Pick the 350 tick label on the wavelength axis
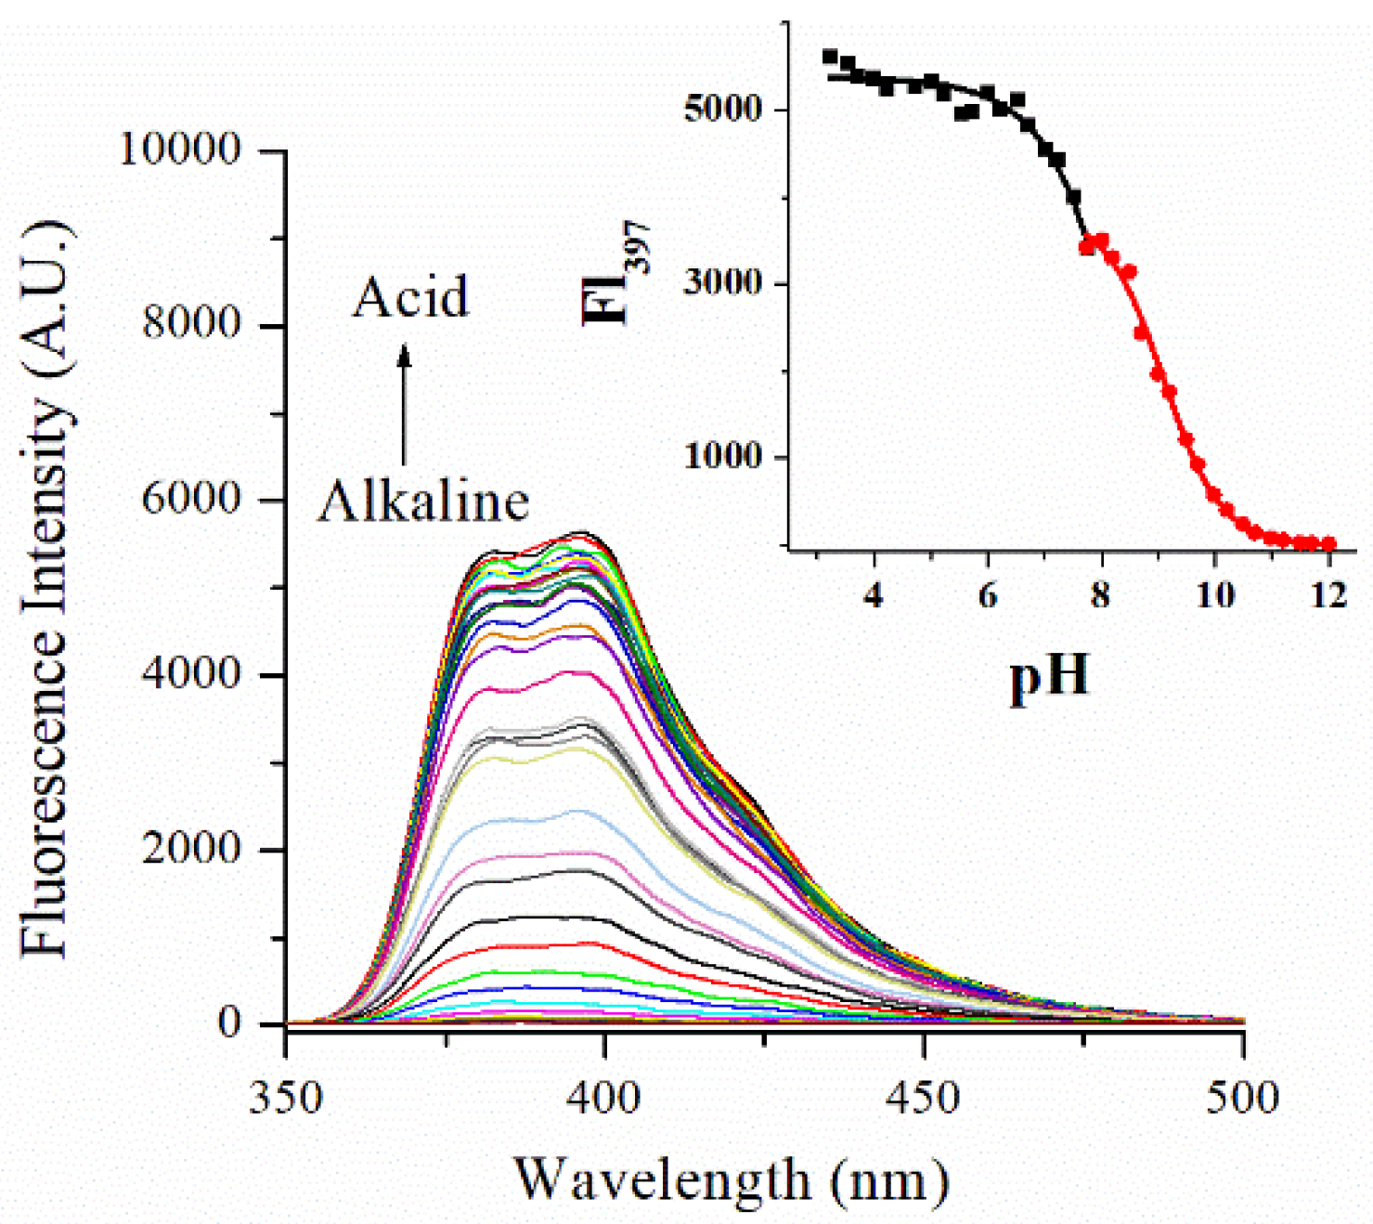pos(286,1098)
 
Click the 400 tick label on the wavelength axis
pos(604,1098)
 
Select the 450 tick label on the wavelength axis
pos(923,1098)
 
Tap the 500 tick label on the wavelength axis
pos(1242,1098)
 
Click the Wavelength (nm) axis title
pos(732,1179)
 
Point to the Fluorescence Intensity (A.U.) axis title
pos(45,589)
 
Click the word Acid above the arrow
pos(410,297)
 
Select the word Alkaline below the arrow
pos(423,501)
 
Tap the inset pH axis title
pos(1049,675)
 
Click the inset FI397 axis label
pos(615,275)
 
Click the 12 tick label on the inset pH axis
pos(1329,594)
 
